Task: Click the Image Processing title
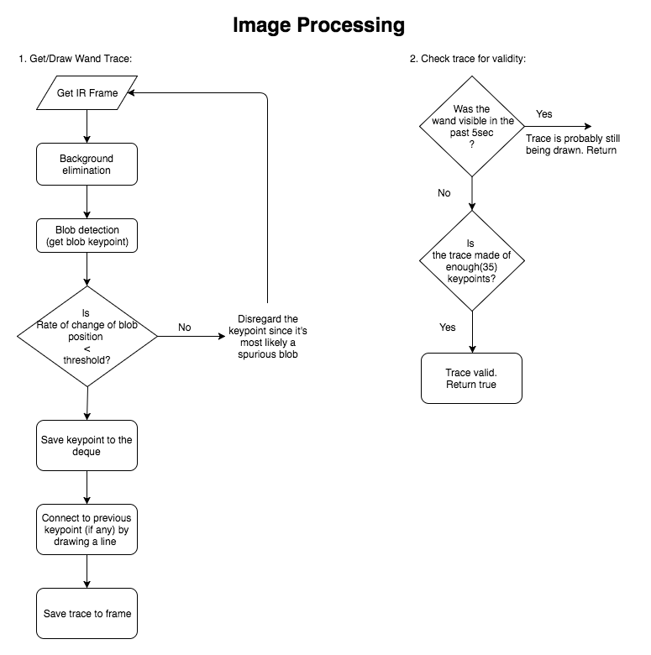(x=318, y=26)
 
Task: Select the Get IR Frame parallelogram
(x=87, y=93)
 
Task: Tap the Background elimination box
(x=87, y=164)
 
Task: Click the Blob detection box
(x=87, y=236)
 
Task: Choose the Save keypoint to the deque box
(x=87, y=447)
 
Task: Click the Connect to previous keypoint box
(x=87, y=529)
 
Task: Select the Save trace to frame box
(x=87, y=613)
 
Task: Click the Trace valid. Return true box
(x=471, y=378)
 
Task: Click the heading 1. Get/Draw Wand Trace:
(x=76, y=59)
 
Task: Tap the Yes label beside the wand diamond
(x=544, y=114)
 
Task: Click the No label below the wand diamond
(x=444, y=193)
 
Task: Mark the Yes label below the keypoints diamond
(x=448, y=326)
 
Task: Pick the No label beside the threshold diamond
(x=186, y=327)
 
